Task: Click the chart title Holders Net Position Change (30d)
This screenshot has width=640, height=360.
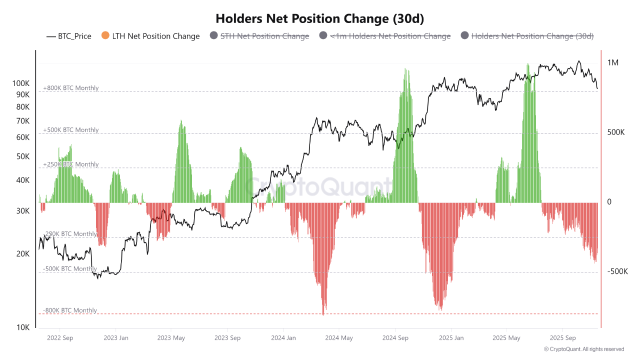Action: pos(319,18)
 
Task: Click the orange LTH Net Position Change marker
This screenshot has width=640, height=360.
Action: pos(105,36)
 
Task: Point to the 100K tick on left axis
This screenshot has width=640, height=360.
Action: pos(20,83)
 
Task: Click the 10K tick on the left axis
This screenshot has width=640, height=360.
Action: pos(23,327)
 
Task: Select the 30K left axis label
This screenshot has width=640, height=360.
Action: pos(23,211)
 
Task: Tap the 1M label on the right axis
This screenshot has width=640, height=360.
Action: pos(613,62)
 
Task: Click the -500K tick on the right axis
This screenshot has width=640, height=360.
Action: pos(617,271)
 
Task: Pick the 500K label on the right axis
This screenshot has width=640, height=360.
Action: pos(616,132)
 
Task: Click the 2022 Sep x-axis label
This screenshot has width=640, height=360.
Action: pos(60,338)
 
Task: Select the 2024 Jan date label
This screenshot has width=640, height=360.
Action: pos(283,338)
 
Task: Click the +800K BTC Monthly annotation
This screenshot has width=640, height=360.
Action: pos(70,88)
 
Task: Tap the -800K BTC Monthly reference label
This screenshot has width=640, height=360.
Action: pos(69,310)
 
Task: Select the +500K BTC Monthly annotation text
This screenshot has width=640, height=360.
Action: pos(70,130)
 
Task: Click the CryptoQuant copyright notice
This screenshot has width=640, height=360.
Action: pos(584,349)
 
